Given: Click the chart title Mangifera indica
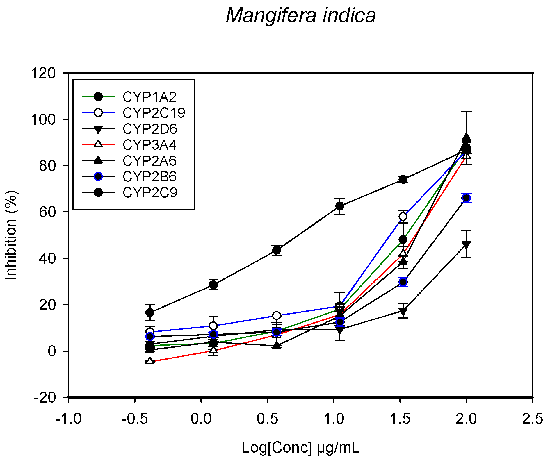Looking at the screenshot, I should pos(301,15).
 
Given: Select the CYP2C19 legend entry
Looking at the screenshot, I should pos(154,113).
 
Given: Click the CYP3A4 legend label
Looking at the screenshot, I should pos(149,145).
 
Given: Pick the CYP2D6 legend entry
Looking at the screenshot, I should pos(149,129).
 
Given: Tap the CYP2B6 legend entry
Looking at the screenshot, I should pos(149,176).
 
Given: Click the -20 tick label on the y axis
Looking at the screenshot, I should pos(44,398).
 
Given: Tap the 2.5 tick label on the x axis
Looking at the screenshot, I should pos(532,419).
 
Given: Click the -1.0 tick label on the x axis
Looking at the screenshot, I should pos(68,419).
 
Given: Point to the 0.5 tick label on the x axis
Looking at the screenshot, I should pos(267,419).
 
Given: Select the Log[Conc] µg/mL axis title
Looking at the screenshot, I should pos(300,448).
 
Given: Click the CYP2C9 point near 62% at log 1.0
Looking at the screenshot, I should pos(340,206).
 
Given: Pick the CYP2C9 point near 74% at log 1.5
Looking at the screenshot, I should pos(403,179).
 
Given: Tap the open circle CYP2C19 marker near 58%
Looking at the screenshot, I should pos(403,216).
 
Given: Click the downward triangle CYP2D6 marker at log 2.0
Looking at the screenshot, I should pos(466,245).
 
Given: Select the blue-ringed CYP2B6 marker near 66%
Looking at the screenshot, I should pos(466,198).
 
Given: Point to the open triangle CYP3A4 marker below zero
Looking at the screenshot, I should pos(150,361).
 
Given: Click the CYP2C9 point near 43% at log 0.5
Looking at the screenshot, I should pos(277,250).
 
